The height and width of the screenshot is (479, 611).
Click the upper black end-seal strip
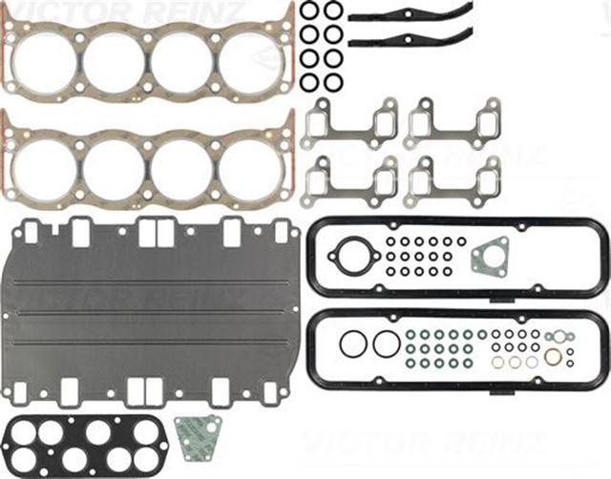pyautogui.click(x=410, y=14)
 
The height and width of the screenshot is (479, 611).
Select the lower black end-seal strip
pyautogui.click(x=410, y=40)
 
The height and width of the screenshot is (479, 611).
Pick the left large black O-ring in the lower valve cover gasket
pyautogui.click(x=352, y=344)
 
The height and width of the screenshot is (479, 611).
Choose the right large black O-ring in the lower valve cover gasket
pyautogui.click(x=386, y=344)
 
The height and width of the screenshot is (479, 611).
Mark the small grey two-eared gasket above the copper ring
pyautogui.click(x=558, y=336)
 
